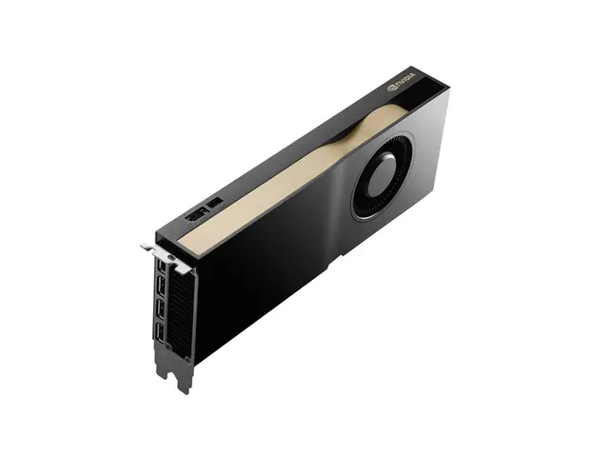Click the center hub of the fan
pyautogui.click(x=381, y=177)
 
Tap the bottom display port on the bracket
pyautogui.click(x=162, y=333)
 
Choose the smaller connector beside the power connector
pyautogui.click(x=216, y=203)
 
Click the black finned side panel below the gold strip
pyautogui.click(x=257, y=276)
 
